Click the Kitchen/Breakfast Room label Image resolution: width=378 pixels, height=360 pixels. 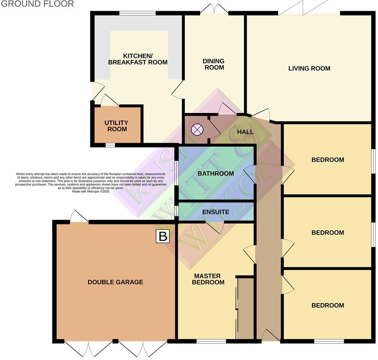pyautogui.click(x=138, y=59)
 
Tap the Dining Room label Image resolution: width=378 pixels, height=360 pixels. pyautogui.click(x=213, y=64)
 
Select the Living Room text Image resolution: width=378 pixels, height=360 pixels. pyautogui.click(x=309, y=68)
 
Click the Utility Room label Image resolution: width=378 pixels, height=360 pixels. pyautogui.click(x=117, y=126)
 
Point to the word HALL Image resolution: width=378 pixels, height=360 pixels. pyautogui.click(x=245, y=132)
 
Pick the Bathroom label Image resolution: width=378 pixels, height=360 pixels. pyautogui.click(x=215, y=174)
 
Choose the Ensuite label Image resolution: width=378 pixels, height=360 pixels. pyautogui.click(x=215, y=212)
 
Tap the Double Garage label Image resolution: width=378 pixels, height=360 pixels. pyautogui.click(x=115, y=282)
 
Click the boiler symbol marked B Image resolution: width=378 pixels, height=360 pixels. pyautogui.click(x=163, y=236)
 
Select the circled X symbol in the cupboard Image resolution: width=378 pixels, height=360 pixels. pyautogui.click(x=197, y=130)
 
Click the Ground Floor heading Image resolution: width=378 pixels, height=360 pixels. pyautogui.click(x=37, y=4)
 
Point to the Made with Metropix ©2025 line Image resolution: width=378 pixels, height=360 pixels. pyautogui.click(x=91, y=191)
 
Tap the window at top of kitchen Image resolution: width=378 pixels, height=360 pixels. pyautogui.click(x=137, y=13)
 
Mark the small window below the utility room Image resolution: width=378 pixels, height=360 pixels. pyautogui.click(x=110, y=145)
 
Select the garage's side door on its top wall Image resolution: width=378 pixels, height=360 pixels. pyautogui.click(x=79, y=217)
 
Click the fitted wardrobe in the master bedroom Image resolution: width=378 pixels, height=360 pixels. pyautogui.click(x=245, y=309)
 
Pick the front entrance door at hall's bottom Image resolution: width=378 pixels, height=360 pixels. pyautogui.click(x=270, y=336)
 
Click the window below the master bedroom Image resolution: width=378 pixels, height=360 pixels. pyautogui.click(x=211, y=341)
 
